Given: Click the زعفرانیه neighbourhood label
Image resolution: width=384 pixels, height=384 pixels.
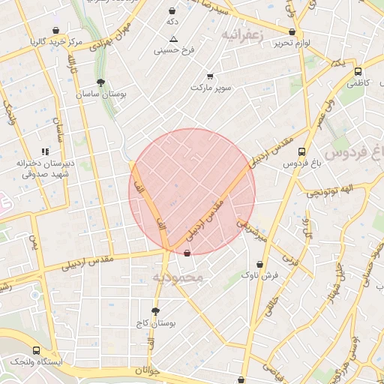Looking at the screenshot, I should coord(241,35).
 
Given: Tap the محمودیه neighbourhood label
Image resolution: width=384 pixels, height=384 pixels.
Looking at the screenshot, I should coord(178,277).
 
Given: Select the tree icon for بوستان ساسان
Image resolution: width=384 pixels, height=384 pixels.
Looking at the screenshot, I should coord(101,82).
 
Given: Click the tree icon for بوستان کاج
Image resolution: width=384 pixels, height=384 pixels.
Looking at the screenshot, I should coord(155,310).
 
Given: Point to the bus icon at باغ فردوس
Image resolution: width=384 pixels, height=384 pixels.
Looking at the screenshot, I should coord(301,150).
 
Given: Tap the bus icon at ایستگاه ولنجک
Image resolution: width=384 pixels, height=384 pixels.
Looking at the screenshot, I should coord(37,350).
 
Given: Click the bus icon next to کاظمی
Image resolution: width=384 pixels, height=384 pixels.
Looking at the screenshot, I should coord(359,64).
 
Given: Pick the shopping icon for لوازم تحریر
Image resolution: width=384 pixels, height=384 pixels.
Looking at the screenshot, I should coord(292,31).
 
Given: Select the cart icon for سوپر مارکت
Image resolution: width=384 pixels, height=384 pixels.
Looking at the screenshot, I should coord(210,76).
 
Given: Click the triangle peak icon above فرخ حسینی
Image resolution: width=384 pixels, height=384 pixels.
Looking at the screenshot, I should coord(174,38).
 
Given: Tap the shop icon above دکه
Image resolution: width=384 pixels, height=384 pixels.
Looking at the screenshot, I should coord(173,11).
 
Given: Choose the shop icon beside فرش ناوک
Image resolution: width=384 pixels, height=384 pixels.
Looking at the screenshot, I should coord(259,264).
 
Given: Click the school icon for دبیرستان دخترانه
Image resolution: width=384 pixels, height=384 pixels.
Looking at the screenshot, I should coord(45,151).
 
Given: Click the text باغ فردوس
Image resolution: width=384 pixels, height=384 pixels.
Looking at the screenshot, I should coord(301,163).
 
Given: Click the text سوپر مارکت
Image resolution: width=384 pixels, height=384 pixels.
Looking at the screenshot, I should coord(211,88).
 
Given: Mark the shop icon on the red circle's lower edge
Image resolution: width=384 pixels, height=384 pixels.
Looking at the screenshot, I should coord(187,253).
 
